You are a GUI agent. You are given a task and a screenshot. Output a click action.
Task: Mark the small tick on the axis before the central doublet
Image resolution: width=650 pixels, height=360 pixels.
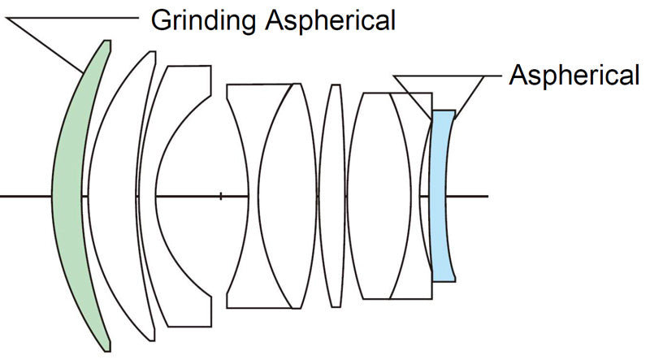(221, 195)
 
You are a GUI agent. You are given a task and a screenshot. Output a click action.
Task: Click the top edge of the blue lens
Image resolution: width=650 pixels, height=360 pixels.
(443, 111)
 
